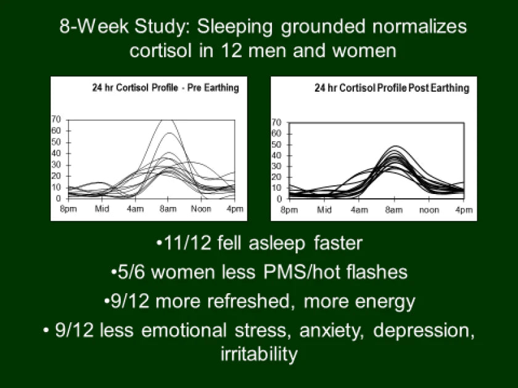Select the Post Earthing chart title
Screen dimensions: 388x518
click(x=392, y=88)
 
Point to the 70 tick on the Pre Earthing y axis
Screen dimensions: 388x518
click(x=55, y=119)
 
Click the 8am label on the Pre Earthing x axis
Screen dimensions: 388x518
click(x=168, y=209)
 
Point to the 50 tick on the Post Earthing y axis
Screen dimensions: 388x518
click(x=277, y=145)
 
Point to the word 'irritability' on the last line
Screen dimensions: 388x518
click(x=258, y=355)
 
